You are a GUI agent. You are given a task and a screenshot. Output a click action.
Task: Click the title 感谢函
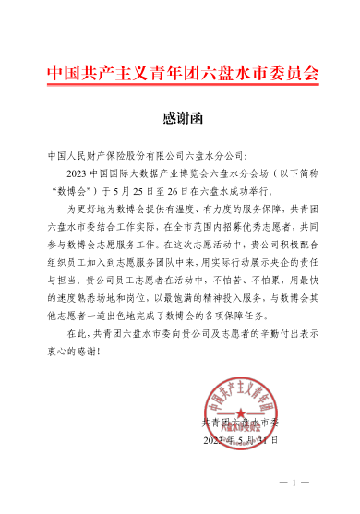[181, 118]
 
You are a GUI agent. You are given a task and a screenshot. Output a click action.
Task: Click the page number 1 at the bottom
[294, 483]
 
